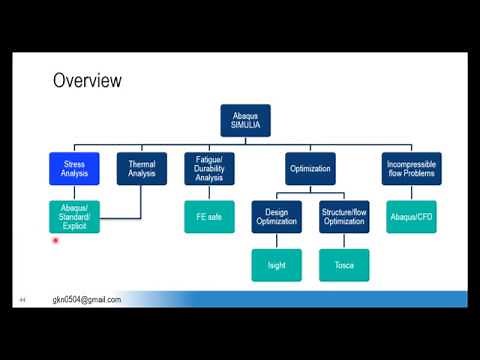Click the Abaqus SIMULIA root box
[x=245, y=120]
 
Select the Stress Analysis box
[x=75, y=169]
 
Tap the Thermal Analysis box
[x=141, y=169]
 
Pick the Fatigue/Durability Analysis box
[x=209, y=169]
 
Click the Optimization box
[x=310, y=169]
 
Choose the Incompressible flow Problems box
[x=411, y=169]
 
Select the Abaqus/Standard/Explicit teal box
[x=75, y=216]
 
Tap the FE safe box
[x=209, y=216]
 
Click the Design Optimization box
[x=277, y=216]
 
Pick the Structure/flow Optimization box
[x=344, y=216]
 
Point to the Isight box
[x=277, y=264]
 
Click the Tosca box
[x=344, y=264]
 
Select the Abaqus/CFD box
[x=411, y=216]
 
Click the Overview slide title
[x=87, y=80]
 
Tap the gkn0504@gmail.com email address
[x=87, y=300]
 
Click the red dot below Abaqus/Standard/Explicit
[x=56, y=240]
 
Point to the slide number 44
[x=21, y=300]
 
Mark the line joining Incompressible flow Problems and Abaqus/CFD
[x=411, y=192]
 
